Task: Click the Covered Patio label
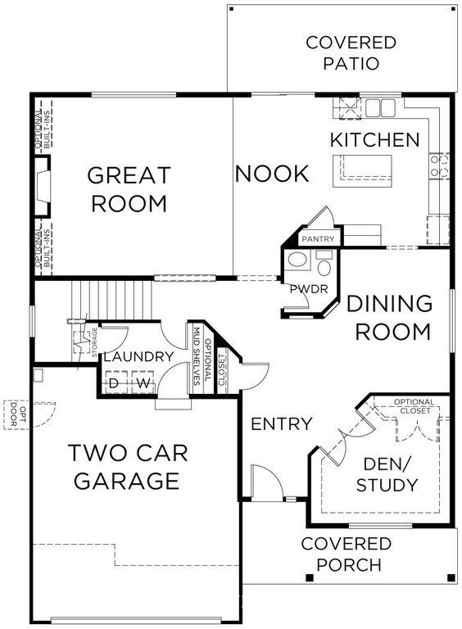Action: click(x=351, y=53)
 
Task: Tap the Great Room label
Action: click(x=129, y=189)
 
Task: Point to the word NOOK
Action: click(x=272, y=174)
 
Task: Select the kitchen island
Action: click(x=362, y=171)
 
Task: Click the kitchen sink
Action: click(x=380, y=107)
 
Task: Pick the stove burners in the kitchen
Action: click(x=439, y=166)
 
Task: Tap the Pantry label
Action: click(x=318, y=239)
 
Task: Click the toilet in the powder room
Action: click(x=324, y=264)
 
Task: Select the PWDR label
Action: click(x=309, y=289)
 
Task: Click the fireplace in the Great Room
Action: click(x=43, y=187)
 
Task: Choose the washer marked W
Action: click(x=143, y=382)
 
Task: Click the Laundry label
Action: click(x=138, y=356)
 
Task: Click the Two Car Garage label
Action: click(x=128, y=467)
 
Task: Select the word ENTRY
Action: click(x=281, y=424)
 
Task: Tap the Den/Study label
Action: click(x=387, y=474)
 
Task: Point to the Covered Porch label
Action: click(x=346, y=554)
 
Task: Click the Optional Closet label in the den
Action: click(x=414, y=406)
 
